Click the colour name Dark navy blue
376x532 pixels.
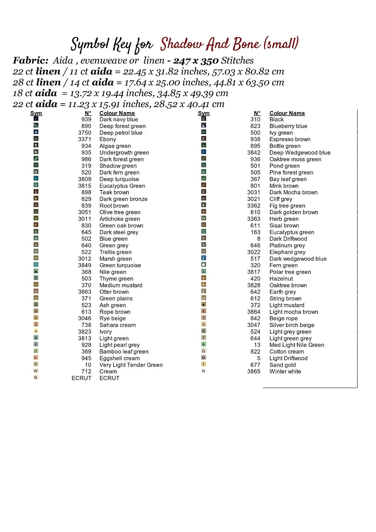pos(118,120)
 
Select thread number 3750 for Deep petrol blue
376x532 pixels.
pos(85,133)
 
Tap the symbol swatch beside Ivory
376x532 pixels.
pos(36,331)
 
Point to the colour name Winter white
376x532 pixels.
pos(285,372)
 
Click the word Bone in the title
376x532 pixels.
pos(246,44)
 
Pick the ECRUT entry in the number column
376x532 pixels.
pos(81,378)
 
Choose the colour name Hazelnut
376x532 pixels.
pos(281,279)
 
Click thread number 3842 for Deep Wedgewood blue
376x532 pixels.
pos(254,153)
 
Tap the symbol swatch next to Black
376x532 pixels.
pos(204,119)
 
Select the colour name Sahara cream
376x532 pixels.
pos(117,325)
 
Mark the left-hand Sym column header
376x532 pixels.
pos(36,113)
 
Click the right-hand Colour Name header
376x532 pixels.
pos(287,113)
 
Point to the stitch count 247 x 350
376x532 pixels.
pos(196,61)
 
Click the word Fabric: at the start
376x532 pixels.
pos(31,61)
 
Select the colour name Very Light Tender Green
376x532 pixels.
pos(131,365)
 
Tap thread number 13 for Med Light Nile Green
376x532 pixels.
pos(257,345)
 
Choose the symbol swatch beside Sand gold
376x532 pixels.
pos(204,364)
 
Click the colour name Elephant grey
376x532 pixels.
pos(287,252)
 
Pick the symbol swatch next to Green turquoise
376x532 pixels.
pos(36,265)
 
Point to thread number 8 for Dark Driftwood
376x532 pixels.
pos(259,239)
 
